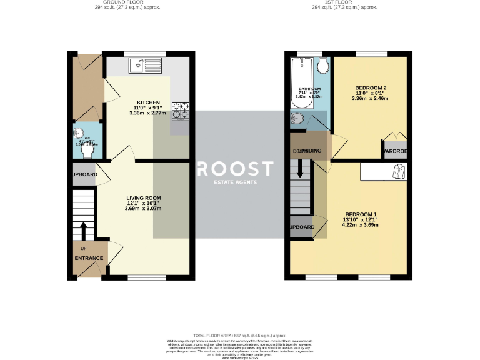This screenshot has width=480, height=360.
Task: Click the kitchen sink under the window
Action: point(145,64)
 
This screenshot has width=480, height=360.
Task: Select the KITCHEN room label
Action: point(149,102)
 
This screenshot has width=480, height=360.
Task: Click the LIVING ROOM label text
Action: point(144,197)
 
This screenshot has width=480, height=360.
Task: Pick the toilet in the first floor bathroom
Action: point(322,66)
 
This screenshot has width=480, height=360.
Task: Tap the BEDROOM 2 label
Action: point(370,87)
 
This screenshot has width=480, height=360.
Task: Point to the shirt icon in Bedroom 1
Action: point(398,171)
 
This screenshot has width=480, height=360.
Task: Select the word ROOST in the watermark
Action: point(235,169)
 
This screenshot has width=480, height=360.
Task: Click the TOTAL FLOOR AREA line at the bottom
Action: point(240,336)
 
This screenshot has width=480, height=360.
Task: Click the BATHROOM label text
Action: point(309,89)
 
